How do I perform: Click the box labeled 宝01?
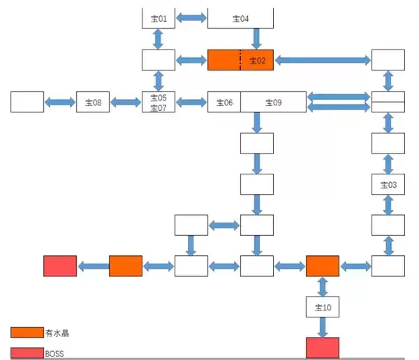pyautogui.click(x=159, y=18)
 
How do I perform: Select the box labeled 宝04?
pyautogui.click(x=240, y=18)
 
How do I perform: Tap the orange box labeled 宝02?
pyautogui.click(x=256, y=61)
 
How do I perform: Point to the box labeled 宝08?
pyautogui.click(x=93, y=102)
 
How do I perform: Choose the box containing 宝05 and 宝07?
pyautogui.click(x=159, y=102)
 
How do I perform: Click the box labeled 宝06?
pyautogui.click(x=224, y=102)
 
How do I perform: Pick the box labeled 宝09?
pyautogui.click(x=273, y=102)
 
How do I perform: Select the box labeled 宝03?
pyautogui.click(x=388, y=184)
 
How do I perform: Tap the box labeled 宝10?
pyautogui.click(x=322, y=306)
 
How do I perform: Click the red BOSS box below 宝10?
pyautogui.click(x=322, y=347)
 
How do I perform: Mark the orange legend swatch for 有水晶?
pyautogui.click(x=27, y=332)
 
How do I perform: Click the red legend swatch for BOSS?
pyautogui.click(x=27, y=352)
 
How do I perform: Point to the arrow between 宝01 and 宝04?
pyautogui.click(x=191, y=17)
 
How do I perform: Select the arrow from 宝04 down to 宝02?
pyautogui.click(x=256, y=38)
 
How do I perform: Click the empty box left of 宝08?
pyautogui.click(x=27, y=102)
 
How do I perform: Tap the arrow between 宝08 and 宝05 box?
pyautogui.click(x=126, y=102)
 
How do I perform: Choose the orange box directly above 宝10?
pyautogui.click(x=322, y=266)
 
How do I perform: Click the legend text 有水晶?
pyautogui.click(x=57, y=333)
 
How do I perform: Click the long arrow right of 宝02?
pyautogui.click(x=322, y=61)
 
